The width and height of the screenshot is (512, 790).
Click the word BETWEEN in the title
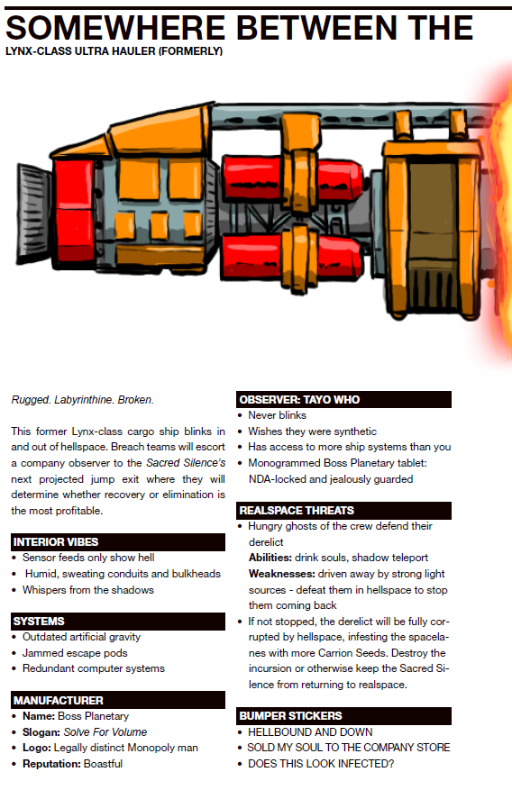click(317, 28)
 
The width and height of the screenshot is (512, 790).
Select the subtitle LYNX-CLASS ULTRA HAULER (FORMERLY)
click(114, 51)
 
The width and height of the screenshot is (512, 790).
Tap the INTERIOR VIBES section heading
click(56, 542)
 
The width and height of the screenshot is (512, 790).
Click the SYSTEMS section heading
click(39, 622)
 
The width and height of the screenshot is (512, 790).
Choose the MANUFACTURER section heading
click(58, 700)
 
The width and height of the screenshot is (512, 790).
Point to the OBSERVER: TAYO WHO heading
click(299, 400)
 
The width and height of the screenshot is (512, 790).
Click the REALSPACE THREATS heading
click(297, 511)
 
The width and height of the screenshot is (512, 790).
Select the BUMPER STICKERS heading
click(291, 716)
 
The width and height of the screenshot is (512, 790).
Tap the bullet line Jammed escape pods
click(75, 653)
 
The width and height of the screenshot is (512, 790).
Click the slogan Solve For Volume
click(105, 732)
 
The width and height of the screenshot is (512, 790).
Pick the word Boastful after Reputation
click(103, 764)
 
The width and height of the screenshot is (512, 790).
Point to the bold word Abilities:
click(270, 558)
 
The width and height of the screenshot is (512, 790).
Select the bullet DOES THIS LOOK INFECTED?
click(321, 764)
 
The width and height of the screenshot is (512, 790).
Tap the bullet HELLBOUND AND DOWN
click(310, 732)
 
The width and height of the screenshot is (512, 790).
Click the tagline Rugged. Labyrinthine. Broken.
click(83, 400)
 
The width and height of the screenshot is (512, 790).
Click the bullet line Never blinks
click(277, 415)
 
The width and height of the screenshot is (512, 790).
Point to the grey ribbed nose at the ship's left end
click(33, 213)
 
